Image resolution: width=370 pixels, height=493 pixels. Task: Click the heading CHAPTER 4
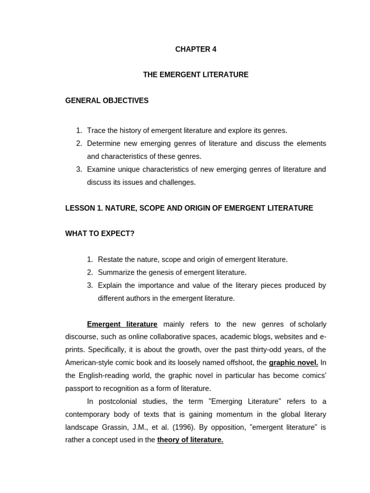pos(196,49)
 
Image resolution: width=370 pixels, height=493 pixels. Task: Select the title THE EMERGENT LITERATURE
pos(196,75)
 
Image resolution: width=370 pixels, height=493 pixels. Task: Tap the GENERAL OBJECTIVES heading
pos(107,101)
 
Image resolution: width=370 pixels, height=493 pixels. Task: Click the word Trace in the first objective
pos(96,130)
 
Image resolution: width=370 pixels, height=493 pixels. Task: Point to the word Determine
pos(105,143)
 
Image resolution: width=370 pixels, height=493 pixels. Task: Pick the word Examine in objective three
pos(101,169)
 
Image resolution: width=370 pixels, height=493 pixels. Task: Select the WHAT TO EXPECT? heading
pos(100,234)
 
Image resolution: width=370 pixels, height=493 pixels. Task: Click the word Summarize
pos(116,272)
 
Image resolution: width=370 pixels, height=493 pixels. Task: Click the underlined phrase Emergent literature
pos(122,324)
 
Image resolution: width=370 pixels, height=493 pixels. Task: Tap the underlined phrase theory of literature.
pos(190,440)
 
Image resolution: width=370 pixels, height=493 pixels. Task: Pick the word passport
pos(80,388)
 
